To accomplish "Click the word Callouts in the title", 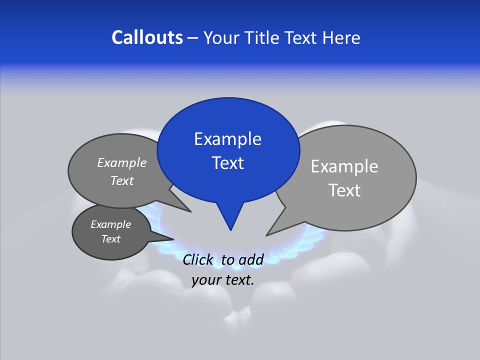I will tap(147, 37).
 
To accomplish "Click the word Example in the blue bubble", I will tap(227, 139).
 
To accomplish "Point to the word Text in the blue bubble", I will tap(227, 163).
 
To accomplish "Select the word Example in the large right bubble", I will tap(344, 166).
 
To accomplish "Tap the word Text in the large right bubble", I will tap(344, 190).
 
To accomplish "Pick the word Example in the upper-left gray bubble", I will tap(122, 162).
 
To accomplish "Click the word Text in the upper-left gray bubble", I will tap(122, 180).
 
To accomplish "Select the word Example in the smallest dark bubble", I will tap(110, 224).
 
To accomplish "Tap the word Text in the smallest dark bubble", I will tap(110, 239).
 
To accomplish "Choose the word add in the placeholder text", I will tap(251, 259).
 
